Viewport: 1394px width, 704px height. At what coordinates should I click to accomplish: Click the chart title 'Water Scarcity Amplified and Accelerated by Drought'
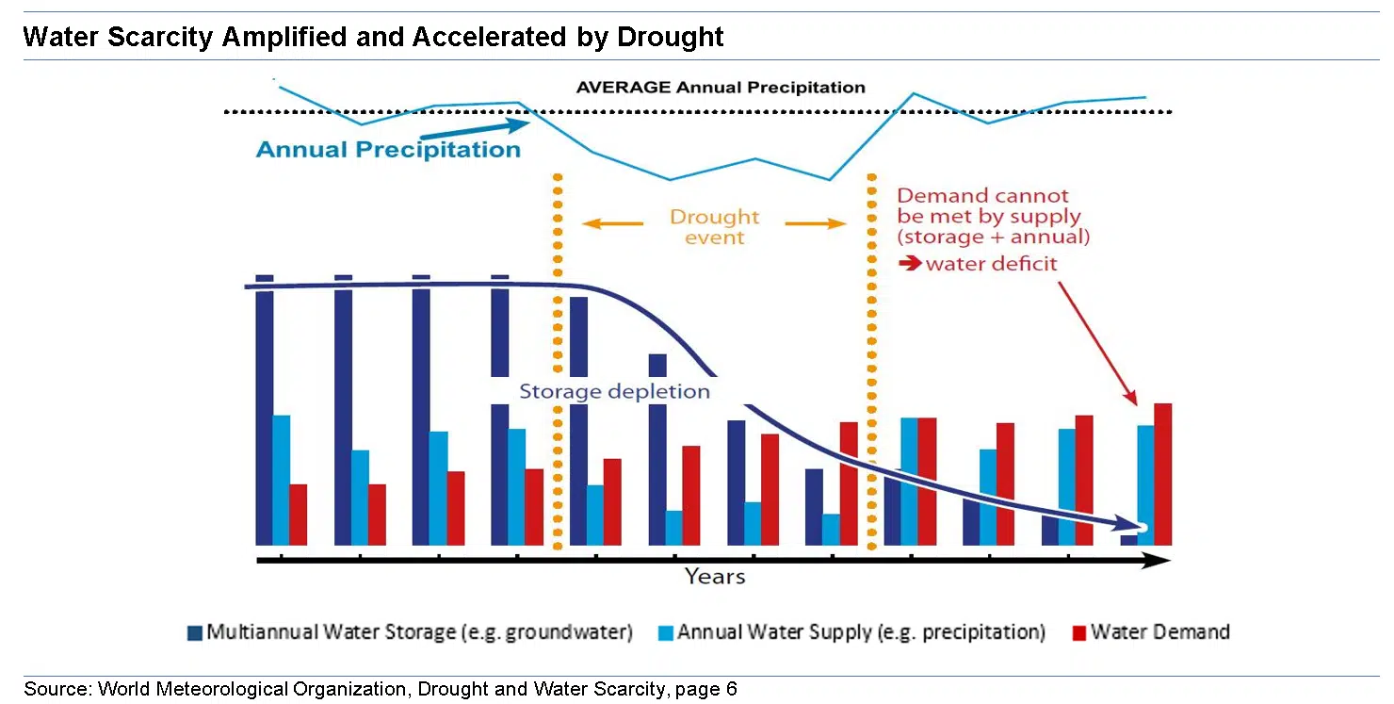pyautogui.click(x=373, y=37)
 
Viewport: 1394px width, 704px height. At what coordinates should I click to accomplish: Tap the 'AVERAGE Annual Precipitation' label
pyautogui.click(x=721, y=88)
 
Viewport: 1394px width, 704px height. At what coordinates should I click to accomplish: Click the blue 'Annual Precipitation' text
pyautogui.click(x=388, y=150)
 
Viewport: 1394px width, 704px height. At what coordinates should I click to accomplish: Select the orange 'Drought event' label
pyautogui.click(x=714, y=227)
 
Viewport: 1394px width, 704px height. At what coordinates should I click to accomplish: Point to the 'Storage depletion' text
pyautogui.click(x=614, y=391)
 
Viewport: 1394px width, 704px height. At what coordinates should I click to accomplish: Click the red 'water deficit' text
pyautogui.click(x=991, y=264)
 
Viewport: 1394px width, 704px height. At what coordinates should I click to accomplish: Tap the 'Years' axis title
pyautogui.click(x=714, y=576)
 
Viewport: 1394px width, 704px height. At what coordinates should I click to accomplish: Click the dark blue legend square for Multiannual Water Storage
pyautogui.click(x=195, y=632)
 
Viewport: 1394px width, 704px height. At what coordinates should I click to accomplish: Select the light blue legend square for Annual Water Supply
pyautogui.click(x=665, y=632)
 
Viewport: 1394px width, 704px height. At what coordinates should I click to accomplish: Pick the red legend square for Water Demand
pyautogui.click(x=1079, y=632)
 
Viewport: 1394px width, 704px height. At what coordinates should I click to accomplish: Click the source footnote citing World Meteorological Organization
pyautogui.click(x=381, y=689)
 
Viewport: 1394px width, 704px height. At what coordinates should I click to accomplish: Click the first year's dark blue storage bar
pyautogui.click(x=265, y=415)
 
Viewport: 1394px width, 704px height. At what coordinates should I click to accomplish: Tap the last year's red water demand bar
pyautogui.click(x=1162, y=474)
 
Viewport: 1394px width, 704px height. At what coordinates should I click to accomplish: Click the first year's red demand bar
pyautogui.click(x=299, y=515)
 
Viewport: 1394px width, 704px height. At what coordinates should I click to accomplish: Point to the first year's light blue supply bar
pyautogui.click(x=282, y=480)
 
